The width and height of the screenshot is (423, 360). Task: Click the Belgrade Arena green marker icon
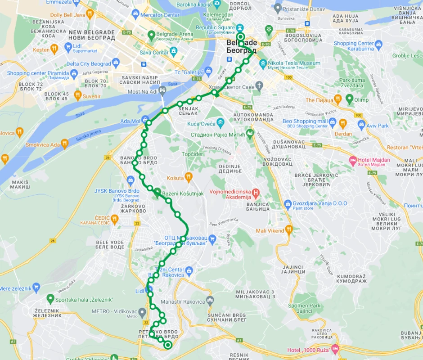tap(152, 35)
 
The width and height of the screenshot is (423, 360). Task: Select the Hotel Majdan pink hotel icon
tap(353, 160)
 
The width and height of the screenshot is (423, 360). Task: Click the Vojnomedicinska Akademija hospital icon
tap(256, 193)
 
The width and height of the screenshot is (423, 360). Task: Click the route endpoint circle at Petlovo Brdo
tap(168, 345)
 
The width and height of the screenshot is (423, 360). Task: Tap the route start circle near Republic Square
tap(241, 37)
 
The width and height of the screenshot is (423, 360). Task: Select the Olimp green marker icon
tap(349, 98)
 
